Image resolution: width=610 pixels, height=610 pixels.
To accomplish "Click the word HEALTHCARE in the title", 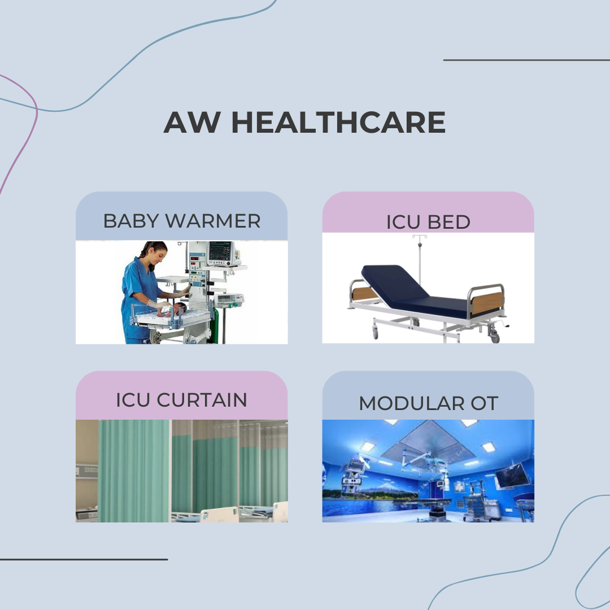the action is pyautogui.click(x=338, y=122).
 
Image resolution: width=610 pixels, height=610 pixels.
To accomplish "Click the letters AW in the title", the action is pyautogui.click(x=192, y=122).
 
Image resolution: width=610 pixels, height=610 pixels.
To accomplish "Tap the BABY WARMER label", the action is pyautogui.click(x=182, y=221).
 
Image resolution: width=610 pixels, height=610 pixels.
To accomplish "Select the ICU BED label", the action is pyautogui.click(x=428, y=222).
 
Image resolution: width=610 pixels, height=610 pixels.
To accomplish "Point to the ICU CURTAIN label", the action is pyautogui.click(x=182, y=400).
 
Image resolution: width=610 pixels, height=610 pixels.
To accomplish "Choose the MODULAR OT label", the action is pyautogui.click(x=428, y=403).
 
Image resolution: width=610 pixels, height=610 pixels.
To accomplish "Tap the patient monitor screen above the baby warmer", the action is pyautogui.click(x=220, y=251).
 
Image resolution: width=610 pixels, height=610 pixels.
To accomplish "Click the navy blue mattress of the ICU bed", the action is pyautogui.click(x=413, y=290).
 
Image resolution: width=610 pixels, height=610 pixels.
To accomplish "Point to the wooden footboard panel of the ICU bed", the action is pyautogui.click(x=487, y=303).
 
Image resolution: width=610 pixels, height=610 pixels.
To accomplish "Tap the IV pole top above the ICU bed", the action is pyautogui.click(x=419, y=237).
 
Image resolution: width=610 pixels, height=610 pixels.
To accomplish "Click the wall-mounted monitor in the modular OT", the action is pyautogui.click(x=512, y=475).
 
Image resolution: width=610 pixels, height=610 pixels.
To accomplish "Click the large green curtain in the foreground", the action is pyautogui.click(x=133, y=470).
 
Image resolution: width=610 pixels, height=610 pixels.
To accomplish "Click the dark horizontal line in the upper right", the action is pyautogui.click(x=526, y=60).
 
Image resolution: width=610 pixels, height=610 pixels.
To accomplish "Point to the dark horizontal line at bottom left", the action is pyautogui.click(x=84, y=559).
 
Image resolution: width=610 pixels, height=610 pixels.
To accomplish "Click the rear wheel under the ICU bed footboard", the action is pyautogui.click(x=495, y=336).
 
